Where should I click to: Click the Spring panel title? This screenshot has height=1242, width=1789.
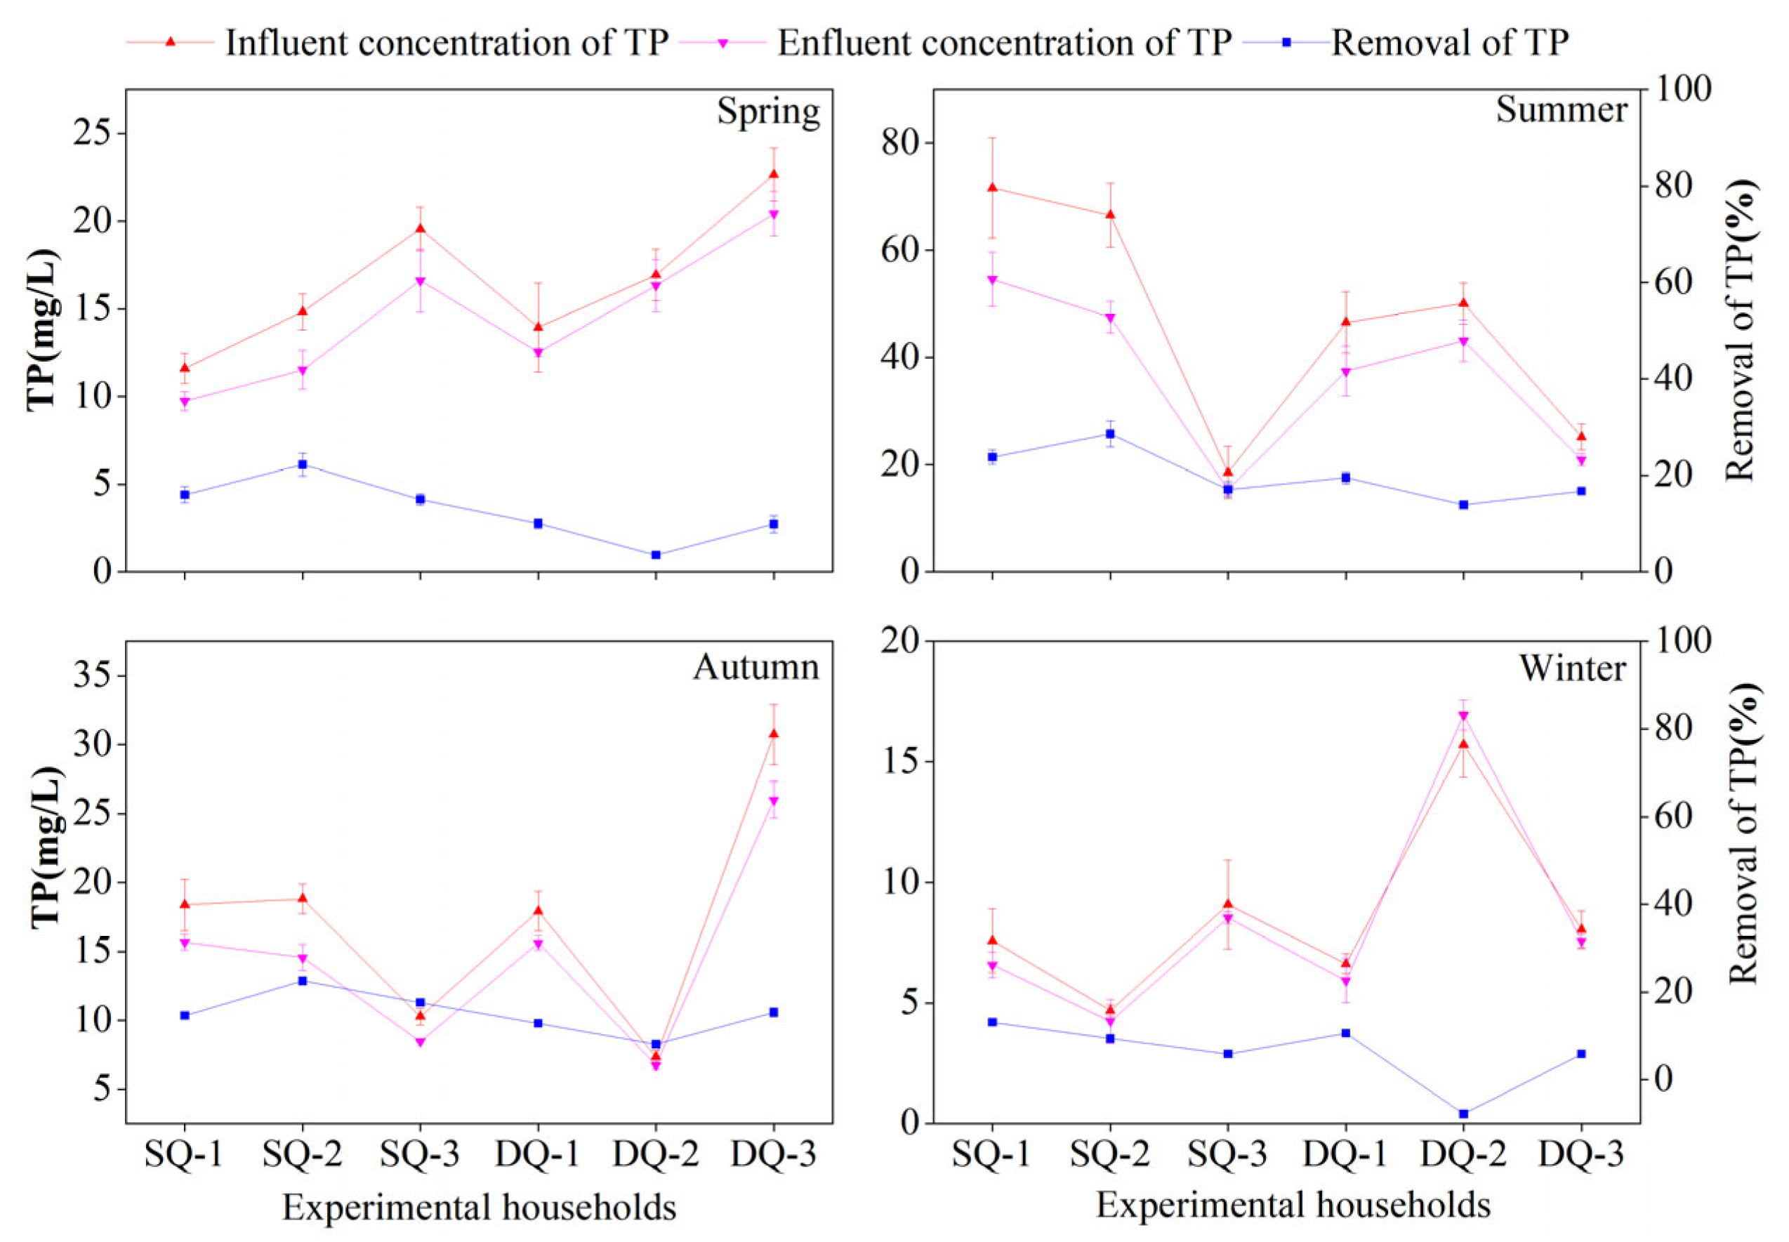(767, 112)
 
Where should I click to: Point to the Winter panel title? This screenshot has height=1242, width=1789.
(1572, 668)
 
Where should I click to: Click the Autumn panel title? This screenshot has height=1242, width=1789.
(755, 667)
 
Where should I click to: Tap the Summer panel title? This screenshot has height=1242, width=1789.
(1561, 110)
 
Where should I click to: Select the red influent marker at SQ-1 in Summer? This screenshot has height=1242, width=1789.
(992, 187)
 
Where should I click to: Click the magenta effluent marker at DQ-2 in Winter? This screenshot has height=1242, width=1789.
(1463, 716)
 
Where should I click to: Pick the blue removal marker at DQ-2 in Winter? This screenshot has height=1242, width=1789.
(1463, 1114)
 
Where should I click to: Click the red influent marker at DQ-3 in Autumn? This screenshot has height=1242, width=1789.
(774, 733)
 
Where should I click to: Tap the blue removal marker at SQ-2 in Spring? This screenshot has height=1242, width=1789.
(303, 465)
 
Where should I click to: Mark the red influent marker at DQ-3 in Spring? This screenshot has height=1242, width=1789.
(774, 173)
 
